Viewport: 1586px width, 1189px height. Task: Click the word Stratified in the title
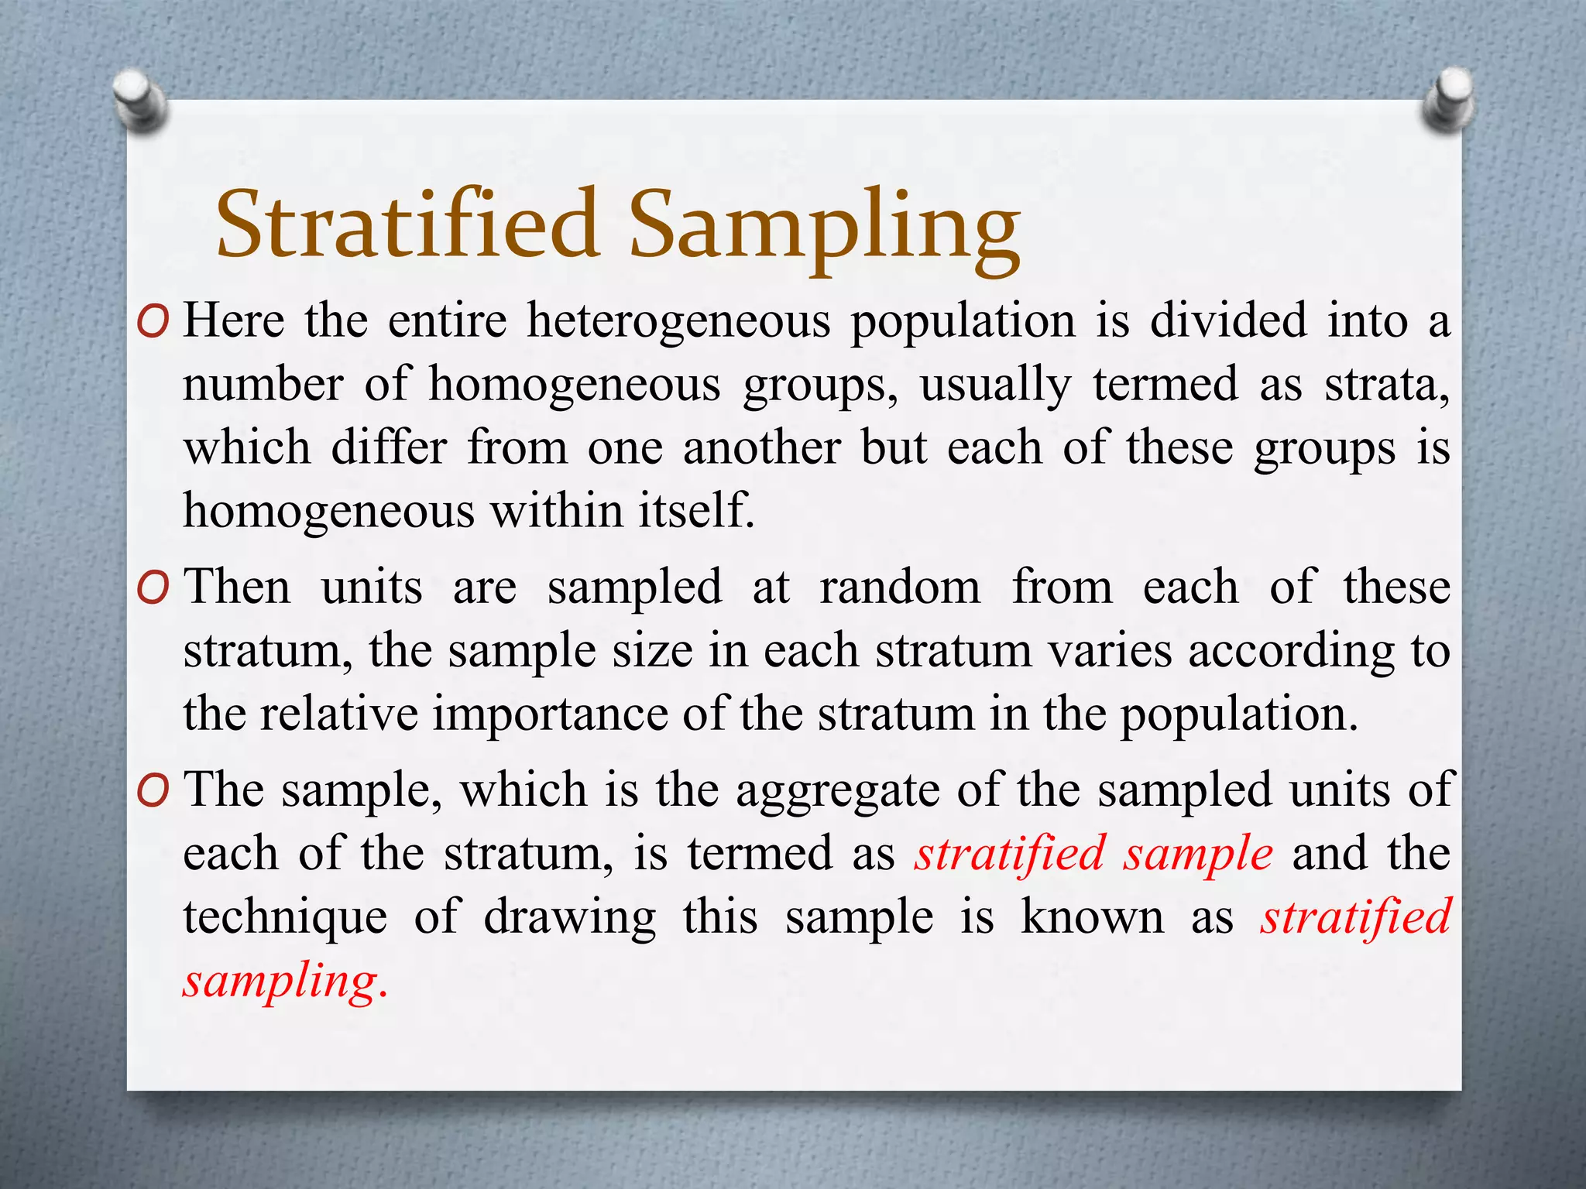click(x=407, y=224)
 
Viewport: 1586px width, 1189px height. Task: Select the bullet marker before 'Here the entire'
click(x=153, y=322)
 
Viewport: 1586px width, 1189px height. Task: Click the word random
click(x=900, y=588)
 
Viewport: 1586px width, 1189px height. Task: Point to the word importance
click(x=550, y=714)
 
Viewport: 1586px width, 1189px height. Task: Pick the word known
click(x=1092, y=918)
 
